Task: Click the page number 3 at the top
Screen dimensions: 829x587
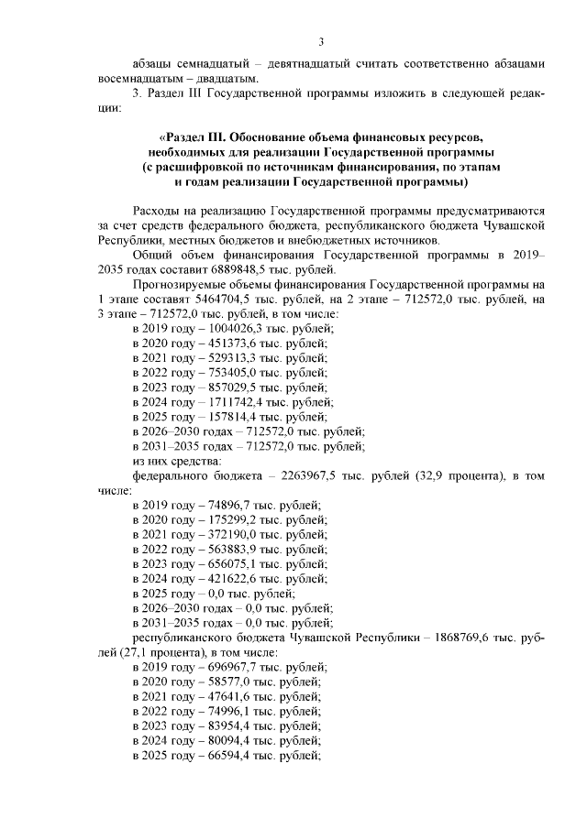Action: tap(321, 41)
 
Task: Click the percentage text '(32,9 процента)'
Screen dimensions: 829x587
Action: tap(450, 475)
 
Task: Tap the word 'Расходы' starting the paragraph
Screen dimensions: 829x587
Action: tap(158, 210)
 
